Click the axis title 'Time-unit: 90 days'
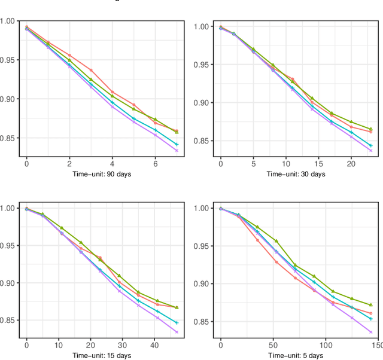coord(102,174)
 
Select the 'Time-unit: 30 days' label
coord(296,174)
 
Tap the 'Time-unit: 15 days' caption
coord(102,356)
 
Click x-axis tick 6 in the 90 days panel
coord(155,163)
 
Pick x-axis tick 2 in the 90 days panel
coord(69,163)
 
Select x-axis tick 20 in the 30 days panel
coord(351,163)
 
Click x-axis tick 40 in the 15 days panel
coord(154,345)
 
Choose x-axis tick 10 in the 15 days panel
coord(58,345)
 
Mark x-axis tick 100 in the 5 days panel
coord(326,345)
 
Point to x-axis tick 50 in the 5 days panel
coord(273,345)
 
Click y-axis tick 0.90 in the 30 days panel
coord(202,103)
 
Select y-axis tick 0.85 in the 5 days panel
coord(202,322)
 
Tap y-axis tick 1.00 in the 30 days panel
coord(202,26)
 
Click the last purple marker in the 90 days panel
coord(177,151)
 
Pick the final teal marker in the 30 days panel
coord(370,145)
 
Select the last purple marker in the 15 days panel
coord(177,332)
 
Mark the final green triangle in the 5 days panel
coord(371,305)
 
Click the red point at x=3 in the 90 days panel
coord(91,70)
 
